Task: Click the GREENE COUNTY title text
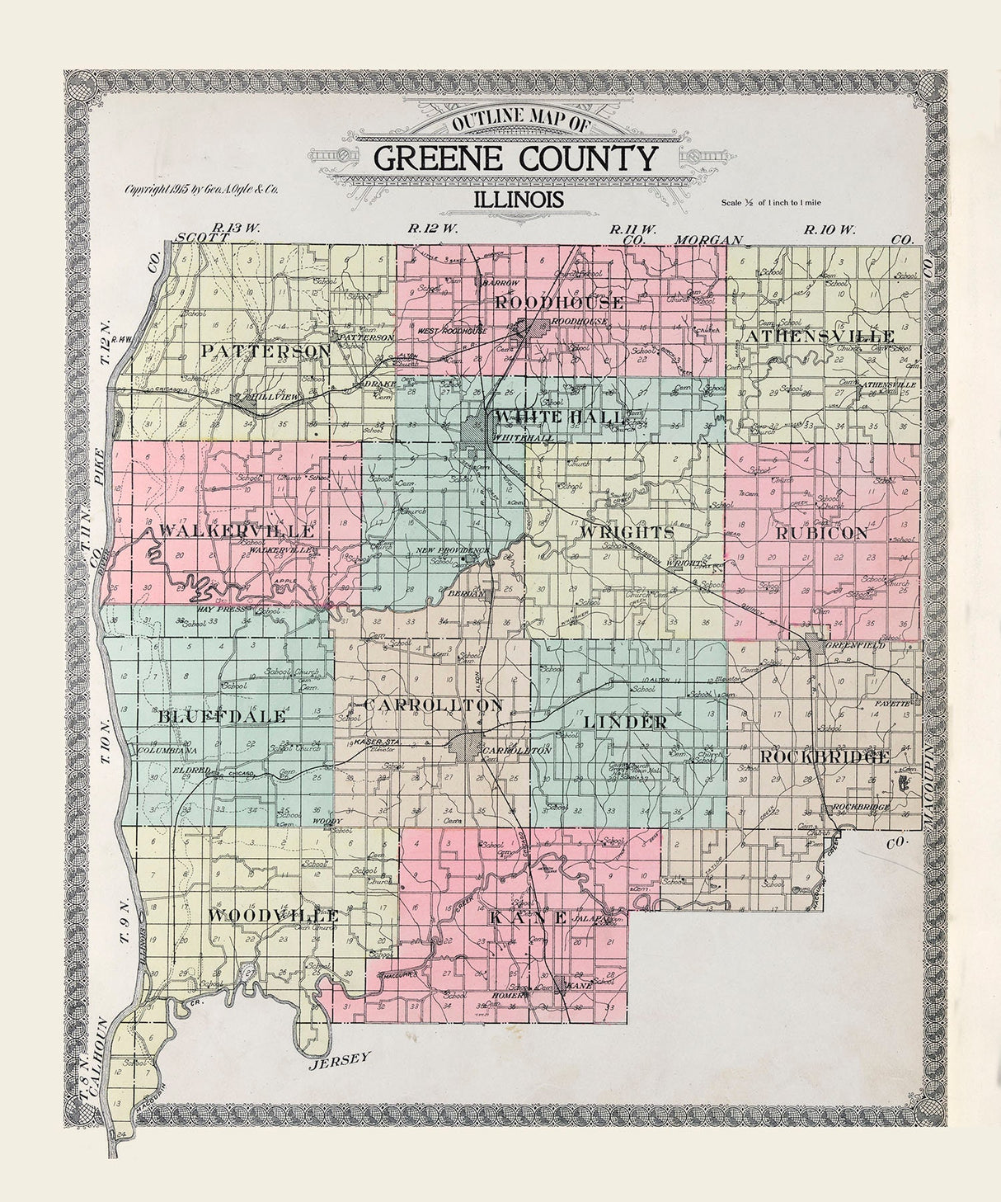point(515,157)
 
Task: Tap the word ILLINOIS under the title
point(519,199)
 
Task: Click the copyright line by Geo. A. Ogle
point(201,189)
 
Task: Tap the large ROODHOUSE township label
point(559,303)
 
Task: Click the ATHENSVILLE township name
point(820,337)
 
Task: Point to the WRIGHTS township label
point(627,532)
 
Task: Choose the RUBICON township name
point(821,534)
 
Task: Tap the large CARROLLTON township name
point(432,705)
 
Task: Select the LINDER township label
point(625,722)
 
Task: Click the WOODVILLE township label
point(273,916)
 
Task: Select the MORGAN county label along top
point(708,239)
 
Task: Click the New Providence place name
point(453,549)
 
